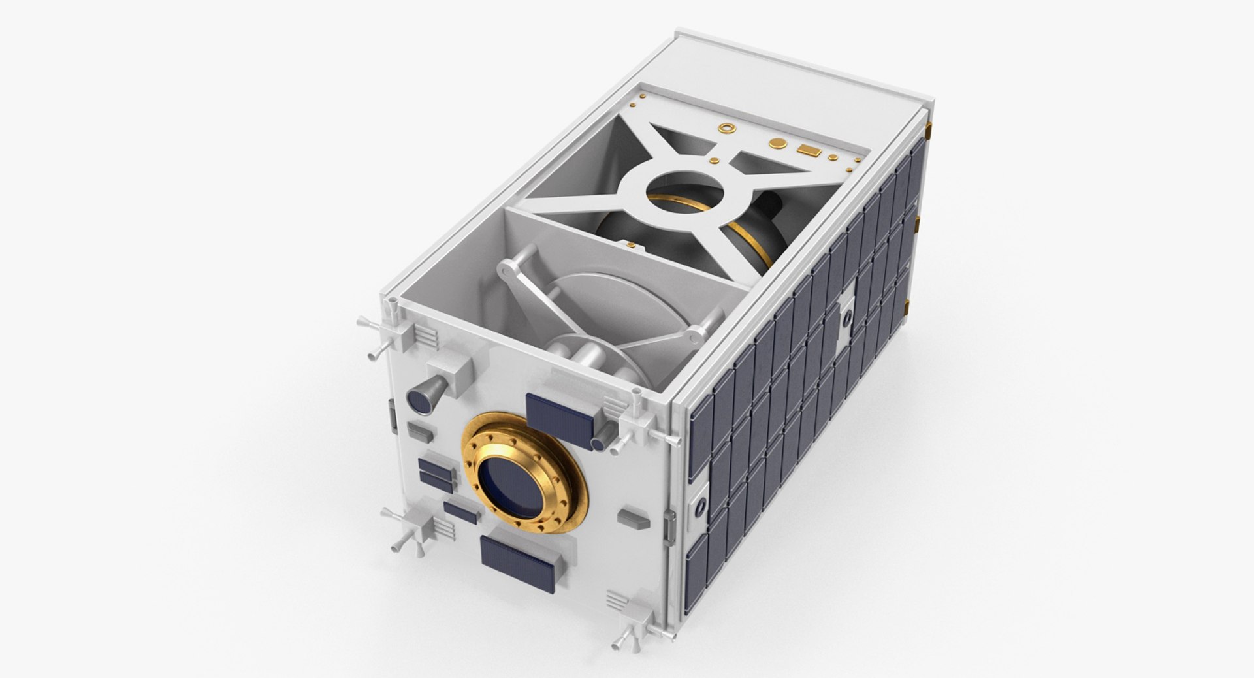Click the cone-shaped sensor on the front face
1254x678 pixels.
tap(423, 395)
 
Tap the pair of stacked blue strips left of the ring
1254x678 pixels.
tap(435, 472)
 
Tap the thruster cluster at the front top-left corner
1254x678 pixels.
tap(385, 327)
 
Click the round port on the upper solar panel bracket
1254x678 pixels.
tap(846, 317)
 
